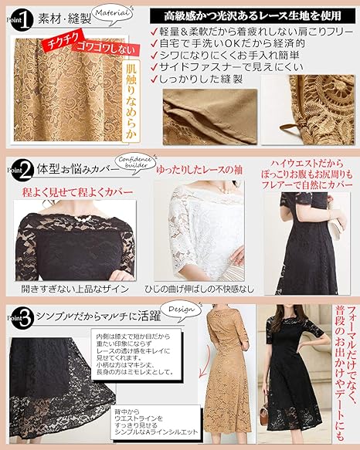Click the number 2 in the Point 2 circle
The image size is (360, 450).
coord(25,167)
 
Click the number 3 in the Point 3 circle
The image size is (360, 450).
coord(25,316)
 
